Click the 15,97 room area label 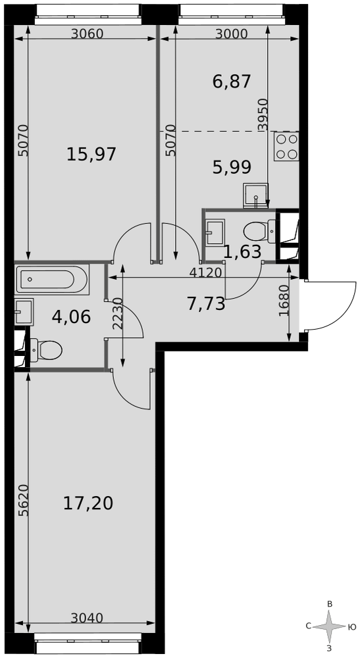[x=91, y=155]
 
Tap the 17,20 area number [x=88, y=503]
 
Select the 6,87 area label [x=232, y=82]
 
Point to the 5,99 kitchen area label [x=232, y=168]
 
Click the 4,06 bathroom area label [x=71, y=317]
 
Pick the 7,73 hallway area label [x=206, y=304]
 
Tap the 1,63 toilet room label [x=242, y=252]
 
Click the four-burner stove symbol [x=286, y=147]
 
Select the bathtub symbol [x=51, y=279]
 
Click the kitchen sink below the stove [x=255, y=195]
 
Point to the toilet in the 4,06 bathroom [x=46, y=349]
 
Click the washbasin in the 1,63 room [x=215, y=232]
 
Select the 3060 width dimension [x=87, y=34]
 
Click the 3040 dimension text [x=87, y=617]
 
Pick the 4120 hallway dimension [x=205, y=272]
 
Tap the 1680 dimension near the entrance [x=284, y=301]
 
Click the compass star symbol [x=330, y=626]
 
